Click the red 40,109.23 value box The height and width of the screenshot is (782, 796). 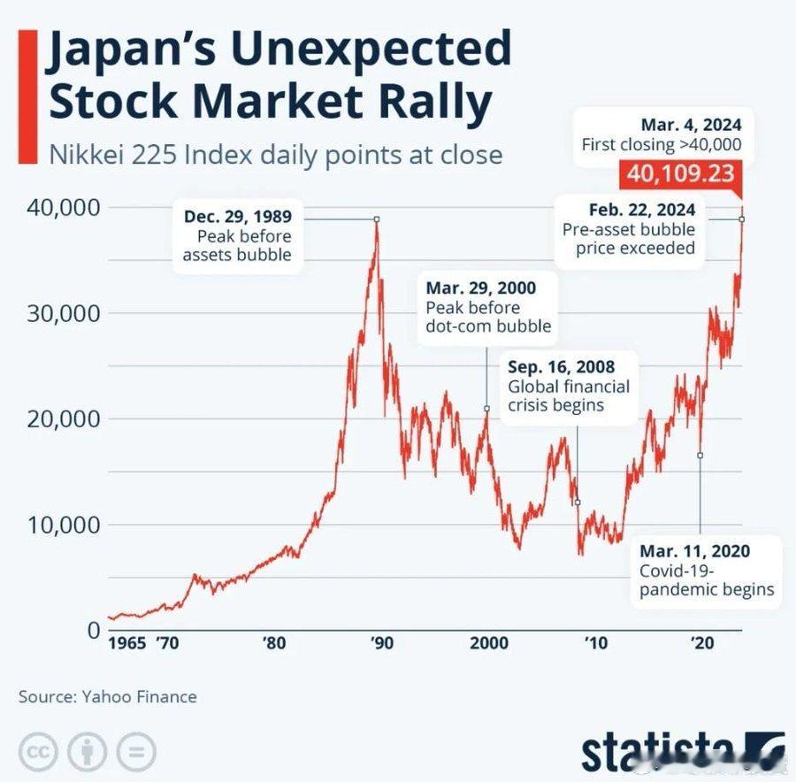[x=681, y=173]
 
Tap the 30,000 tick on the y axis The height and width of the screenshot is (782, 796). [x=56, y=313]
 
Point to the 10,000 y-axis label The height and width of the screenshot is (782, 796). [x=56, y=525]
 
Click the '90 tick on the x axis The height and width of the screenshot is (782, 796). [x=380, y=642]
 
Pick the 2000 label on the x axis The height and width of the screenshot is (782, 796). [x=489, y=642]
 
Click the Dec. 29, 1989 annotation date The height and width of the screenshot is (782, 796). [x=238, y=216]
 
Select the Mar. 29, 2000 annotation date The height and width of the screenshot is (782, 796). [x=480, y=288]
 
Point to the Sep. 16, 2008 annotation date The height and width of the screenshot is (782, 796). [x=561, y=367]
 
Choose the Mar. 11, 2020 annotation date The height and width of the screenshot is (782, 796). [x=694, y=551]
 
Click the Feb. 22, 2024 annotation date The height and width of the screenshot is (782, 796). [x=641, y=210]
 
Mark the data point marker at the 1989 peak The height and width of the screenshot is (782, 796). [x=376, y=218]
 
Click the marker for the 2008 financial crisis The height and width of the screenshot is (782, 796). [x=578, y=502]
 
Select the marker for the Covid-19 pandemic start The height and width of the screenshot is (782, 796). [x=700, y=456]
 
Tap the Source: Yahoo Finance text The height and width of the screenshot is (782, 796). [x=107, y=697]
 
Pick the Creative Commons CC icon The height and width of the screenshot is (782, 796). [x=36, y=752]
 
